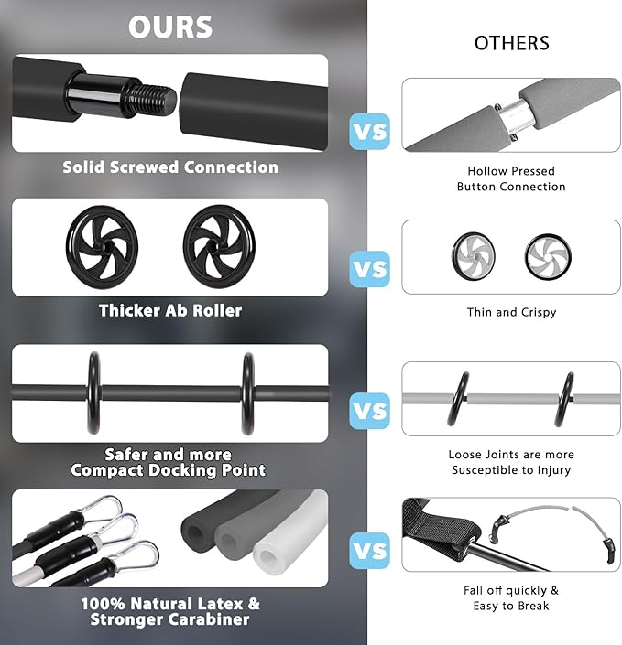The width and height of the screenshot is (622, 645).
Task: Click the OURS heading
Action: pos(170,27)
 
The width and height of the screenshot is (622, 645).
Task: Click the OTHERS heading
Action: pos(512,43)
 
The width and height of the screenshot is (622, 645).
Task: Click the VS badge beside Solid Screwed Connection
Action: pos(370,131)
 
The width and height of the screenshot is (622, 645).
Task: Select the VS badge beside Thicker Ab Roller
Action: pos(370,269)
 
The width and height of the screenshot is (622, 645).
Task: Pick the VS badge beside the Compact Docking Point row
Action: pos(370,411)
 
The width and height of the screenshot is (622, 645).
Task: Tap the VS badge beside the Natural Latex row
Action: pos(370,551)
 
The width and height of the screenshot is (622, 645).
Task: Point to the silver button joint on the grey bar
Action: pos(509,116)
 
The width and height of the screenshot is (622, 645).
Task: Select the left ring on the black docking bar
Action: pos(93,393)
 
